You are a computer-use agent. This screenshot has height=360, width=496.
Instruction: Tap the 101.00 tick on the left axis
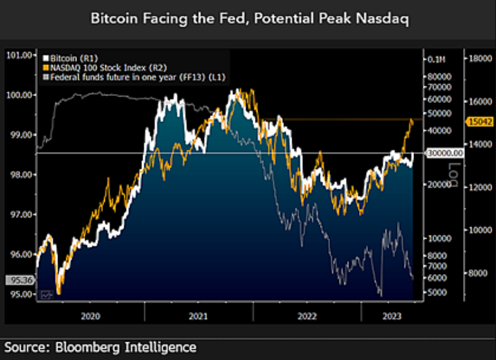point(18,55)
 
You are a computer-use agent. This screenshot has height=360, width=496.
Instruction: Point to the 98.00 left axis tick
point(18,174)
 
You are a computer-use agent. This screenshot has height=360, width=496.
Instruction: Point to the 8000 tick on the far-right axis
point(476,273)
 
